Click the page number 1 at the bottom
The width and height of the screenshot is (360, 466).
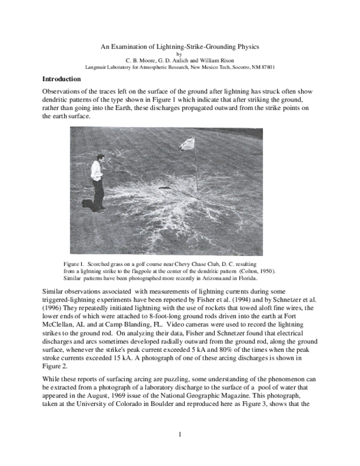coord(179,434)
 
